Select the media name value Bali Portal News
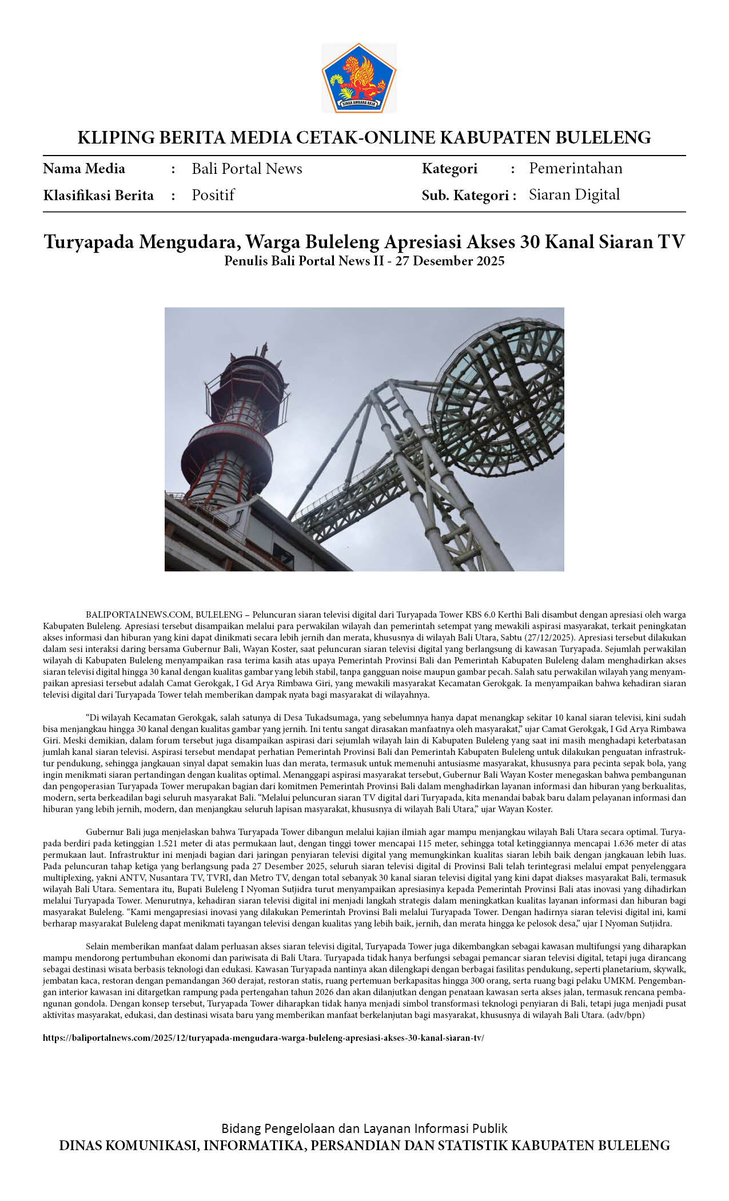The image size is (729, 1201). (246, 169)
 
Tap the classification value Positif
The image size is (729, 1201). (213, 195)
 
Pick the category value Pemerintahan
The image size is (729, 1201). (575, 168)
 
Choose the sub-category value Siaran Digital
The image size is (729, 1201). (574, 195)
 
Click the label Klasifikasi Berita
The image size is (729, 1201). (98, 196)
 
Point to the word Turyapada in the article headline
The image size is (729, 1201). (89, 242)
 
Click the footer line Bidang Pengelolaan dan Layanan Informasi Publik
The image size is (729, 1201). (364, 1128)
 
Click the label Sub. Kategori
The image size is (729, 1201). (465, 196)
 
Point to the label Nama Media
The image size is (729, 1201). (84, 169)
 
